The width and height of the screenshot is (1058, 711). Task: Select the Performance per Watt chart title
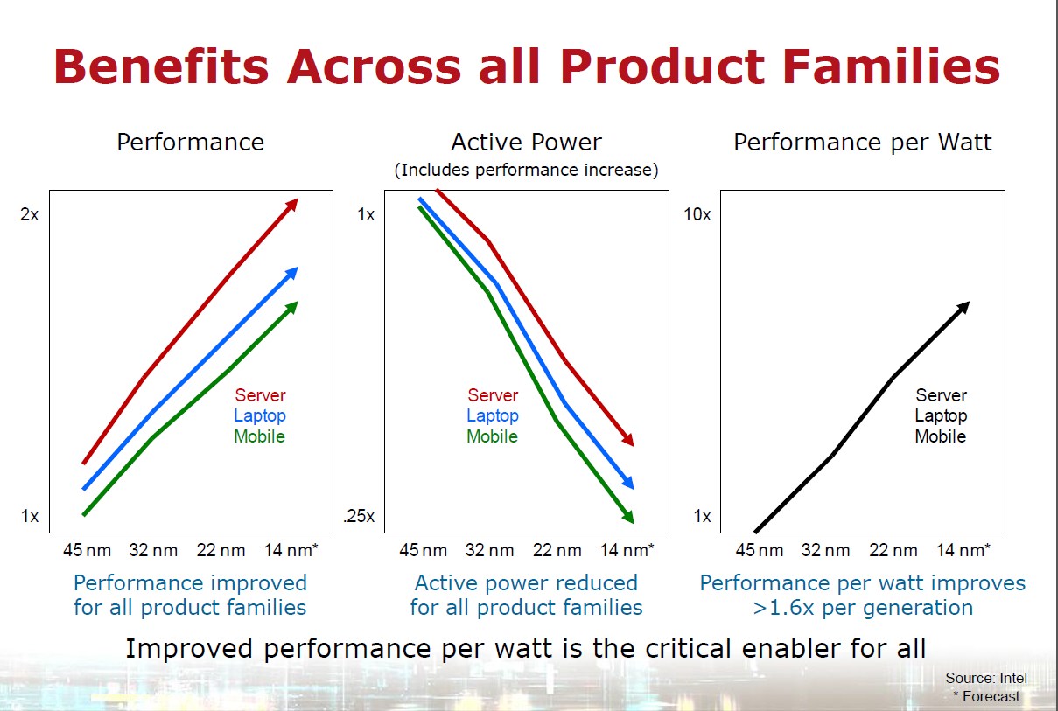tap(863, 143)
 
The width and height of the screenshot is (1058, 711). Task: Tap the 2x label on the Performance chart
tap(29, 214)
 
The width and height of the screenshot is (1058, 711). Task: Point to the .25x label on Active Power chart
tap(359, 516)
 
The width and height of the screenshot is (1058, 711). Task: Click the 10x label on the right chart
tap(697, 214)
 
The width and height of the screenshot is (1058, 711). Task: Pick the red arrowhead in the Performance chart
tap(292, 205)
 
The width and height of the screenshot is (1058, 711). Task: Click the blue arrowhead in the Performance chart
tap(292, 274)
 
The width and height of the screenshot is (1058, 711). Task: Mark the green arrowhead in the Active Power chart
tap(627, 517)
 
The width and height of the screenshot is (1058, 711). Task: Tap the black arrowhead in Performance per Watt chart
tap(963, 308)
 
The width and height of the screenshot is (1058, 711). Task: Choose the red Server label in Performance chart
tap(260, 395)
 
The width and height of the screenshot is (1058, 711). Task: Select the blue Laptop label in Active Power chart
tap(493, 416)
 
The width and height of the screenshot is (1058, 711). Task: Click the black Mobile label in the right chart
tap(941, 436)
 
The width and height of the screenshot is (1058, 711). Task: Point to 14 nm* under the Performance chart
tap(291, 550)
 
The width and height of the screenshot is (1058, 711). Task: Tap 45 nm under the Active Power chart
tap(424, 550)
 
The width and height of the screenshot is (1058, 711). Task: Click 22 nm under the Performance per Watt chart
tap(893, 550)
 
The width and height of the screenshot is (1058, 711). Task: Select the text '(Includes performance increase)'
tap(526, 170)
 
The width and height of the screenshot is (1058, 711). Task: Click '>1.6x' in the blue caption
tap(783, 608)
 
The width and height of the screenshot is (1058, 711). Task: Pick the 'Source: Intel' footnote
tap(986, 678)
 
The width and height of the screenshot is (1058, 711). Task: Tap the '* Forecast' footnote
tap(986, 696)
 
